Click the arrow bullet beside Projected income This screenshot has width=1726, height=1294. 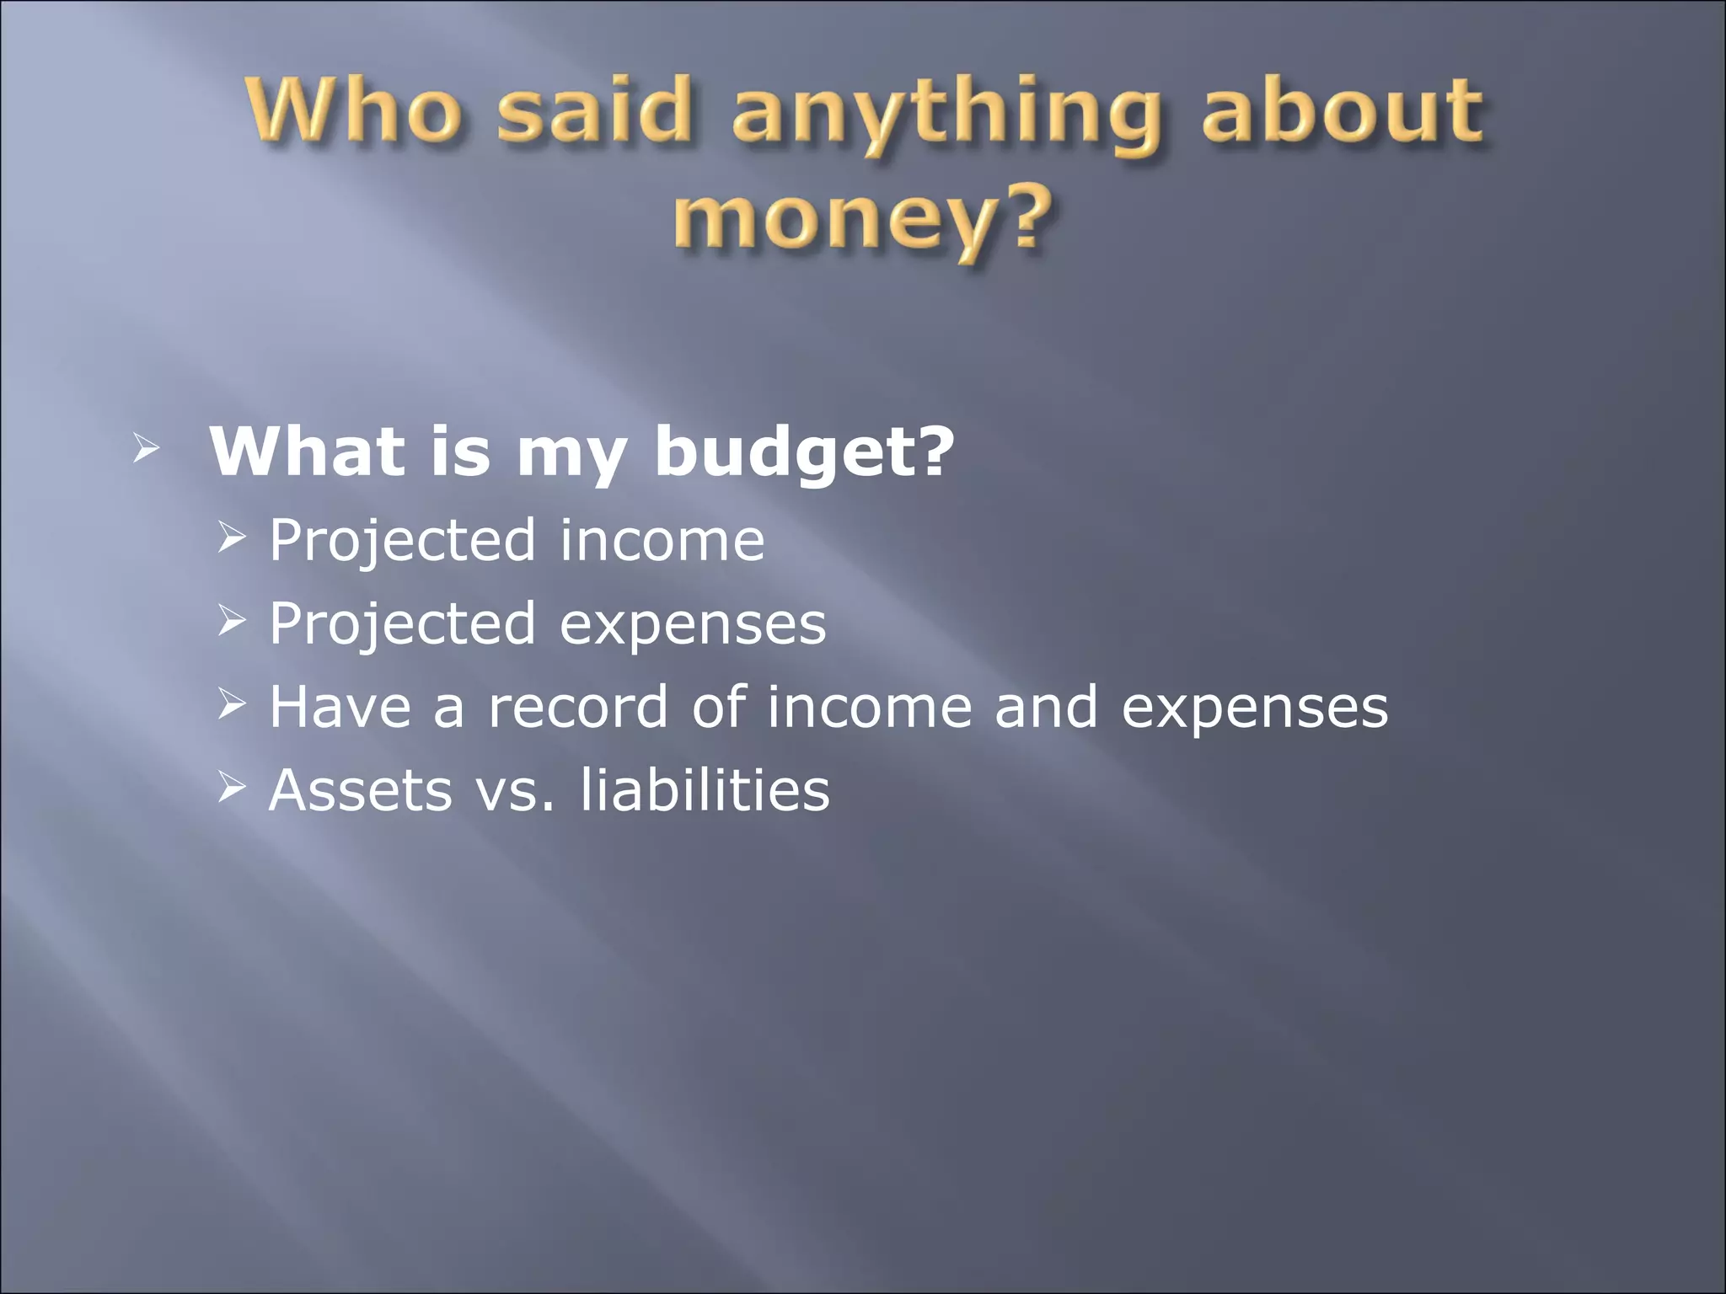click(230, 537)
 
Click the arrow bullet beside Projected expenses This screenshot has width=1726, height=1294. click(230, 621)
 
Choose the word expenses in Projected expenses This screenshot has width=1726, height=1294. click(693, 625)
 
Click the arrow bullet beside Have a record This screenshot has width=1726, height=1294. click(230, 703)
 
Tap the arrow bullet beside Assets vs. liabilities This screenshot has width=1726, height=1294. click(230, 788)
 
